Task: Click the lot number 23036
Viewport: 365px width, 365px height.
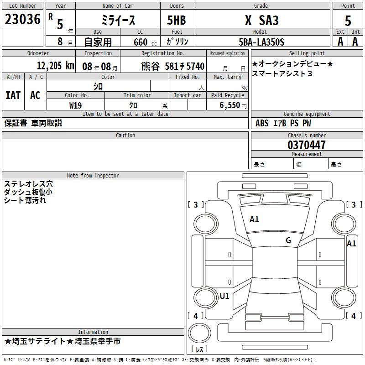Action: click(22, 20)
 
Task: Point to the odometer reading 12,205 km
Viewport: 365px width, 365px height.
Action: click(55, 66)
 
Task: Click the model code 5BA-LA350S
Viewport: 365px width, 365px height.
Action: click(261, 42)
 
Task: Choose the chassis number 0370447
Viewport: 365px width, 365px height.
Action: click(307, 145)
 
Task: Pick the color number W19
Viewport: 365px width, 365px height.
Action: click(75, 105)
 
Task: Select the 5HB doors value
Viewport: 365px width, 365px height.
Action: click(177, 21)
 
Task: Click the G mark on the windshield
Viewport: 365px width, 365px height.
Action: click(288, 240)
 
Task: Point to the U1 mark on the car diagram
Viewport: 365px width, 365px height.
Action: click(224, 296)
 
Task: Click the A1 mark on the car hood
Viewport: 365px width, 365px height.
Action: click(254, 219)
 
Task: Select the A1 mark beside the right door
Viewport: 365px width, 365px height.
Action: click(351, 244)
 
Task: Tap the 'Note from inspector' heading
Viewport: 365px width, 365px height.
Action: click(93, 175)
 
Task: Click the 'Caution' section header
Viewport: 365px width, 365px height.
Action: click(125, 136)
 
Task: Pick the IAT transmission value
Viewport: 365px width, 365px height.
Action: click(13, 95)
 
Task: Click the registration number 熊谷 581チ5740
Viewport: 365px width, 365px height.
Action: click(172, 66)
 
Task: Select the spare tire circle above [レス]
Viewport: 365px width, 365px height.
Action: click(199, 333)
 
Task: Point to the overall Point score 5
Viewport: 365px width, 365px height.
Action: click(348, 21)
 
